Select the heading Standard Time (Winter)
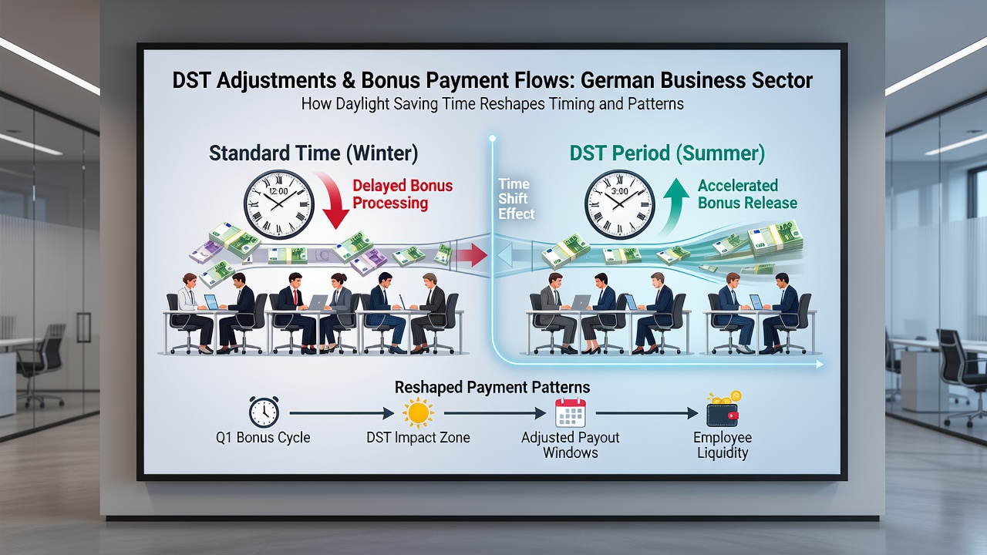(313, 153)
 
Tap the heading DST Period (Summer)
(667, 153)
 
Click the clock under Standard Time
(279, 205)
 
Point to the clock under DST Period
(619, 205)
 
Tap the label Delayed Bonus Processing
(403, 194)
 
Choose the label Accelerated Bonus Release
(747, 194)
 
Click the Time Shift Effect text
(516, 199)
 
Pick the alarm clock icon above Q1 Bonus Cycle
(264, 412)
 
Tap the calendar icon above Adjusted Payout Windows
(570, 412)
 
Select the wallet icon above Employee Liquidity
(723, 411)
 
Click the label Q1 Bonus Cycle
(263, 437)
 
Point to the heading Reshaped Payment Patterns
(492, 387)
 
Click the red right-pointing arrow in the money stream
(470, 255)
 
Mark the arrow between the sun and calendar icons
(495, 413)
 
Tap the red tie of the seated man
(295, 298)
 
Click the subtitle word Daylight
(362, 104)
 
